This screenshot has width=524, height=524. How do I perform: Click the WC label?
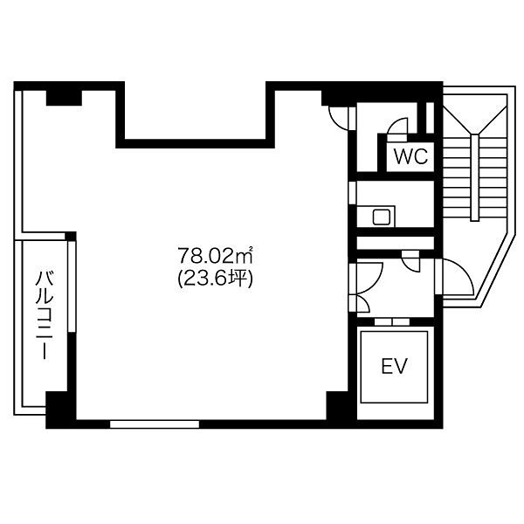coord(410,155)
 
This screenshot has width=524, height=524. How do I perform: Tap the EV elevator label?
coord(395,366)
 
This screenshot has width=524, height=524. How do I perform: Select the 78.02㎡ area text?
coord(215,256)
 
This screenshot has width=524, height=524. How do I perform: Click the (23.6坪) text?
coord(215,278)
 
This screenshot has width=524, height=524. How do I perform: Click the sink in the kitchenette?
coord(382,217)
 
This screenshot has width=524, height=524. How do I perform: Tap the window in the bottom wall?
coord(155,424)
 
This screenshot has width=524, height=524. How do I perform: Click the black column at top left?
coord(64,98)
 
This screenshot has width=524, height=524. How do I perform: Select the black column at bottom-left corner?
coord(60,410)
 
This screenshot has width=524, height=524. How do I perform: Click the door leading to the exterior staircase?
coord(454,277)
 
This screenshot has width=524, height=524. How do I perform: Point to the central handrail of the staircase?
coord(474,177)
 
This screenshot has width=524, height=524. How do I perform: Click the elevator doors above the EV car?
coord(391,321)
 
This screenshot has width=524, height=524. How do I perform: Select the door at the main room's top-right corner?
coord(338,118)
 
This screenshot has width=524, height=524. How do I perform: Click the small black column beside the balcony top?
coord(71,236)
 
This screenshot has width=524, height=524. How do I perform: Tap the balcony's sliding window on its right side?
coord(71,286)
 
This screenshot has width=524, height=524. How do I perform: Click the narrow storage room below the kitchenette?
coord(396,243)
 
